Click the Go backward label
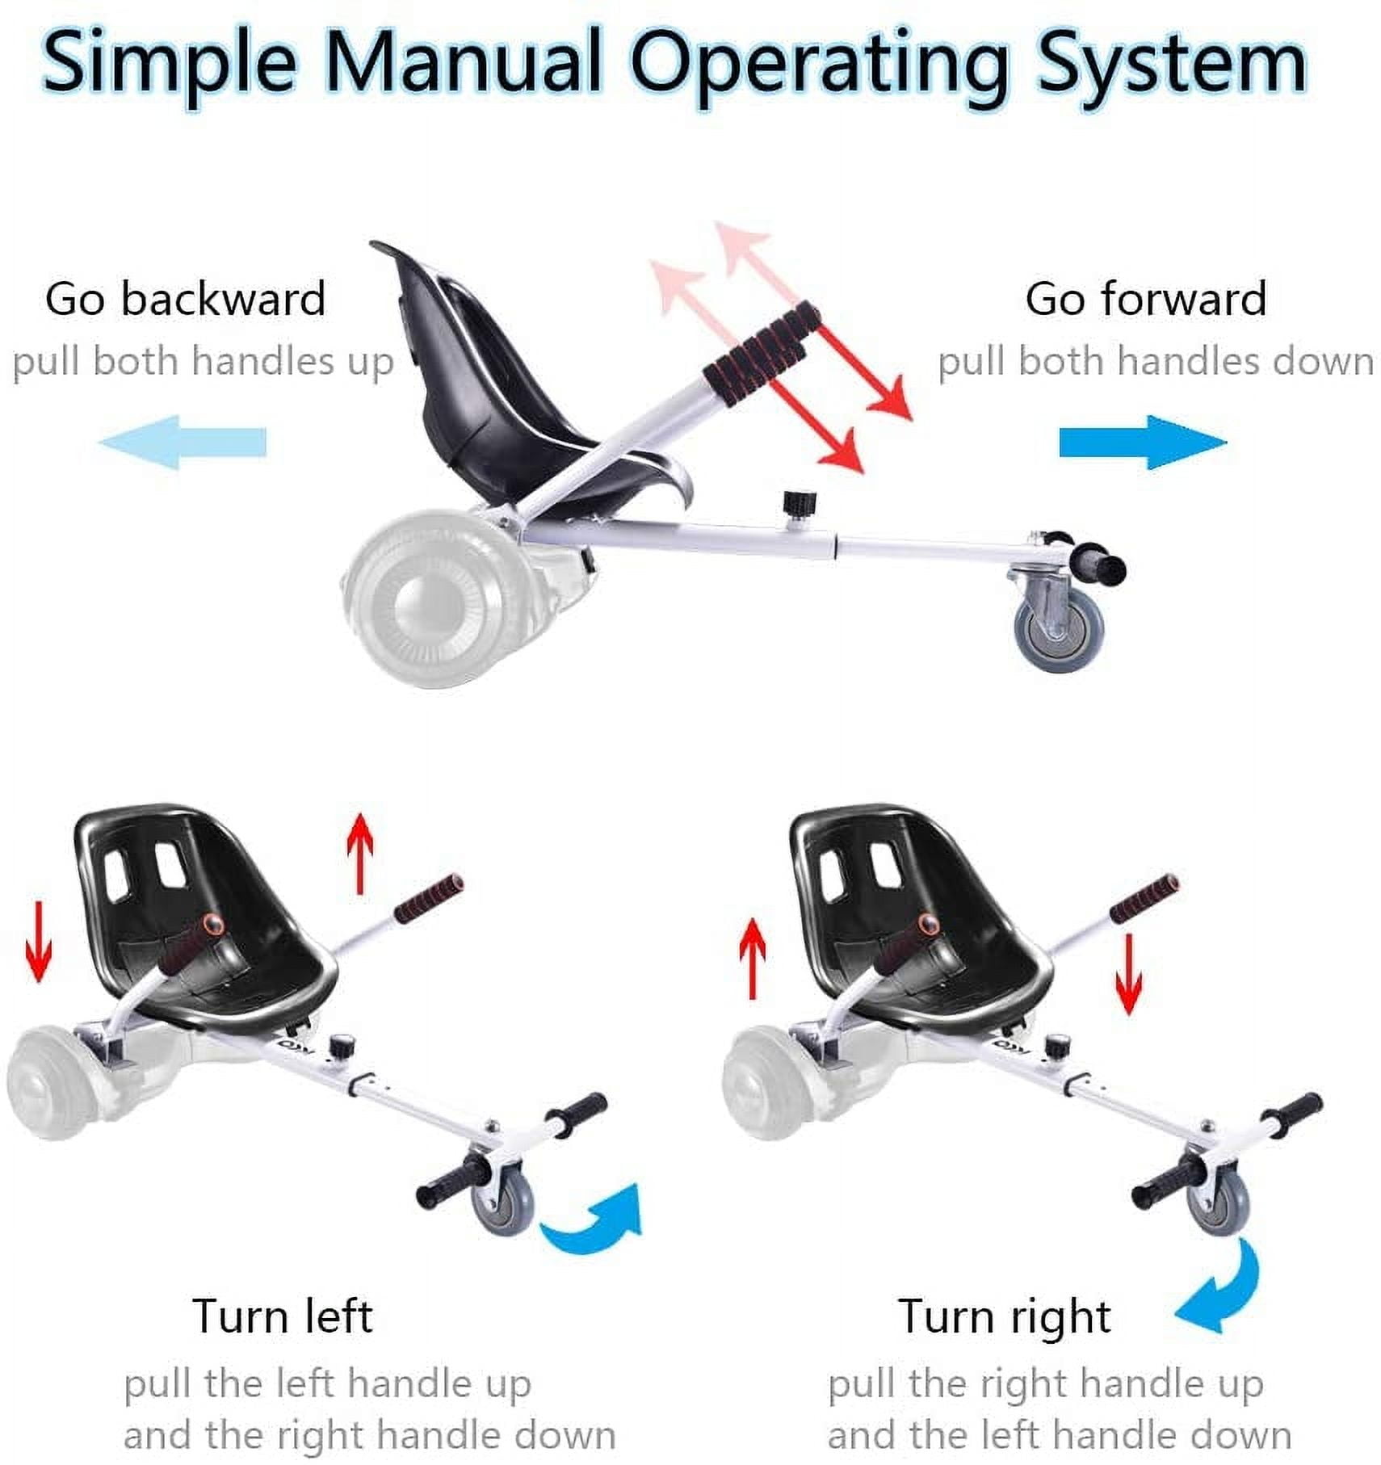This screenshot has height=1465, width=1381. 186,299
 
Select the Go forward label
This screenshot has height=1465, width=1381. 1146,299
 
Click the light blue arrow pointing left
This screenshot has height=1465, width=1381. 183,442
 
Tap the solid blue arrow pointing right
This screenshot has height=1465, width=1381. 1143,442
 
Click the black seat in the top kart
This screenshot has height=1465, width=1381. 517,388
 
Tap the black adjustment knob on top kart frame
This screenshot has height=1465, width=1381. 799,506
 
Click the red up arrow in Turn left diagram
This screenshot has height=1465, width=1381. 360,854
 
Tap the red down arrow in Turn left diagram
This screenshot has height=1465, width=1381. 38,942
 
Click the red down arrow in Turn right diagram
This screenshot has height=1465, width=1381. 1128,974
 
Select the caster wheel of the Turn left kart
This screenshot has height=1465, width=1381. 503,1203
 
